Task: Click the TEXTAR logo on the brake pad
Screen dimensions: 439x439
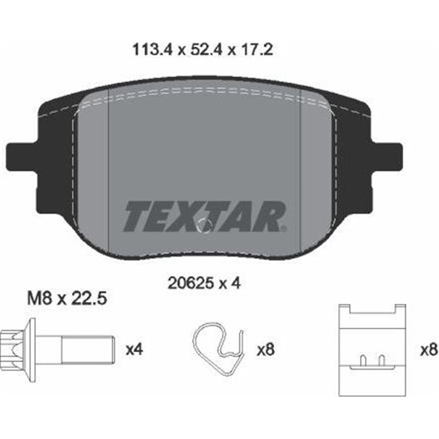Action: point(205,216)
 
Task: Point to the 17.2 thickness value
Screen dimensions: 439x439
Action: point(256,50)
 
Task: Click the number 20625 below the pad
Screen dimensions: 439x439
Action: point(192,283)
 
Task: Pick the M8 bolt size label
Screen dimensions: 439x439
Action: point(40,299)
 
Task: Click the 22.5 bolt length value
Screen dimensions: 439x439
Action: point(88,299)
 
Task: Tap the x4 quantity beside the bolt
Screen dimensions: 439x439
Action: point(134,350)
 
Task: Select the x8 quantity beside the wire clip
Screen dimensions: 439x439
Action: point(266,350)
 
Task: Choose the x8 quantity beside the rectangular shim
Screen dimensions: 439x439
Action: point(429,350)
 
